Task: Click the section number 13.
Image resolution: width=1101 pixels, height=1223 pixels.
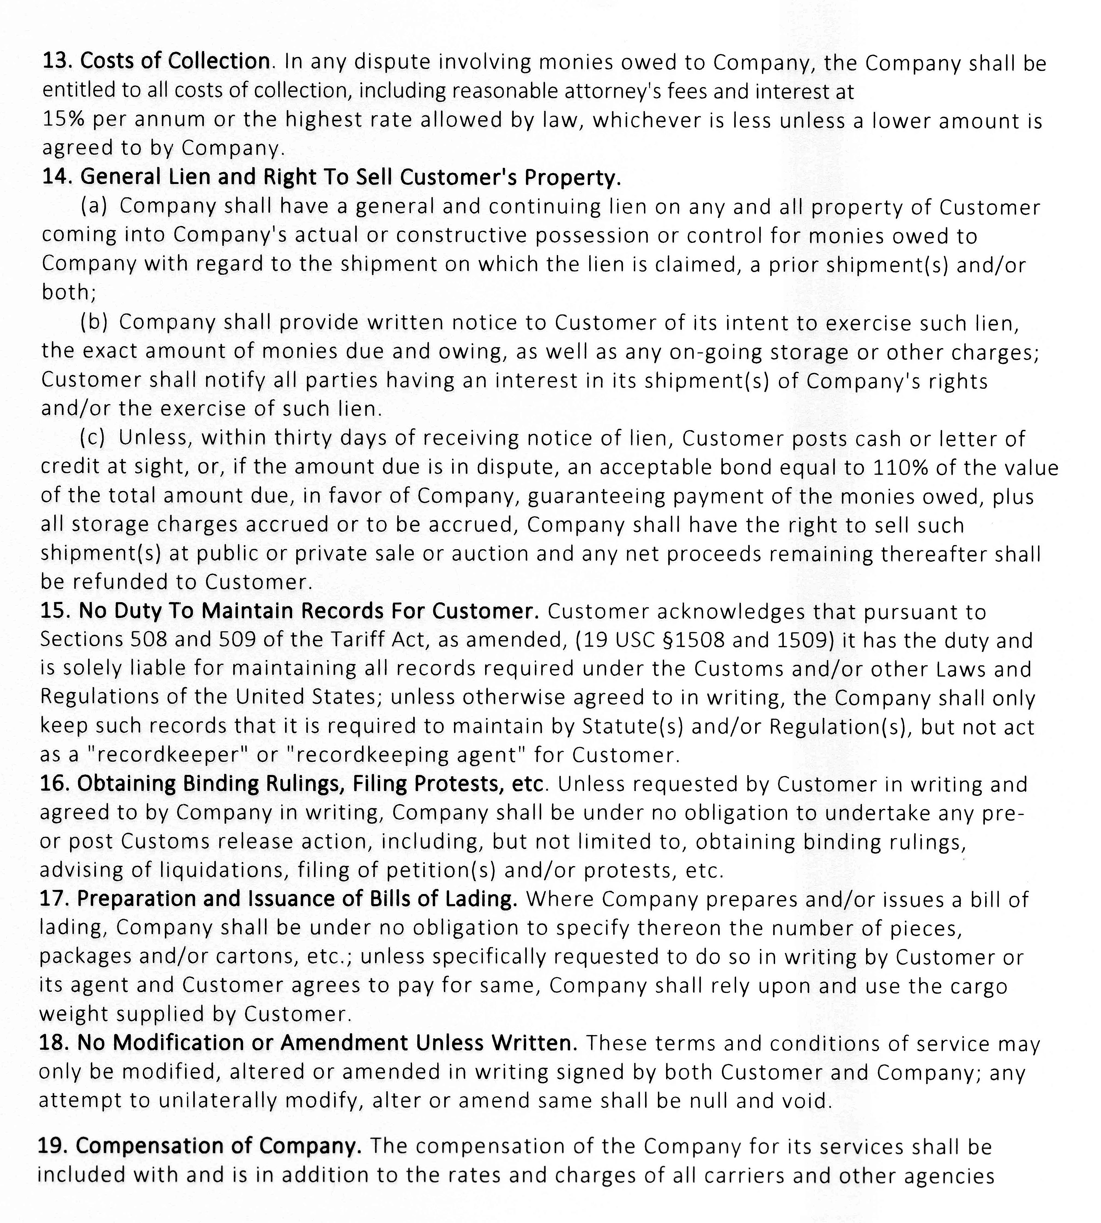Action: [57, 61]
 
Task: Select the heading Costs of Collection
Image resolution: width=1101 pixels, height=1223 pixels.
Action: [175, 61]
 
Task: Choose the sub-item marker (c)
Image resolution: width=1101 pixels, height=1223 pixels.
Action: [93, 438]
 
